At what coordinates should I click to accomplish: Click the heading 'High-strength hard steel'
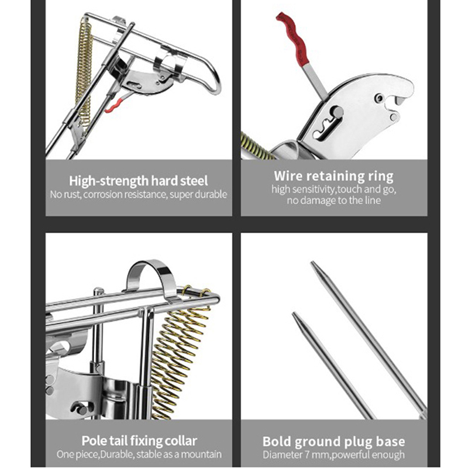(x=138, y=181)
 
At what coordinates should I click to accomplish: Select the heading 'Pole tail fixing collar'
(x=139, y=441)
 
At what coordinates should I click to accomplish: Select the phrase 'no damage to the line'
(x=333, y=200)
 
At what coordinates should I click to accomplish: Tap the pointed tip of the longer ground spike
(x=312, y=262)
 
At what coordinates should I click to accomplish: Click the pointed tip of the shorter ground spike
(x=294, y=313)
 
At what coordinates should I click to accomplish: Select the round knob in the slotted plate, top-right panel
(x=338, y=112)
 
